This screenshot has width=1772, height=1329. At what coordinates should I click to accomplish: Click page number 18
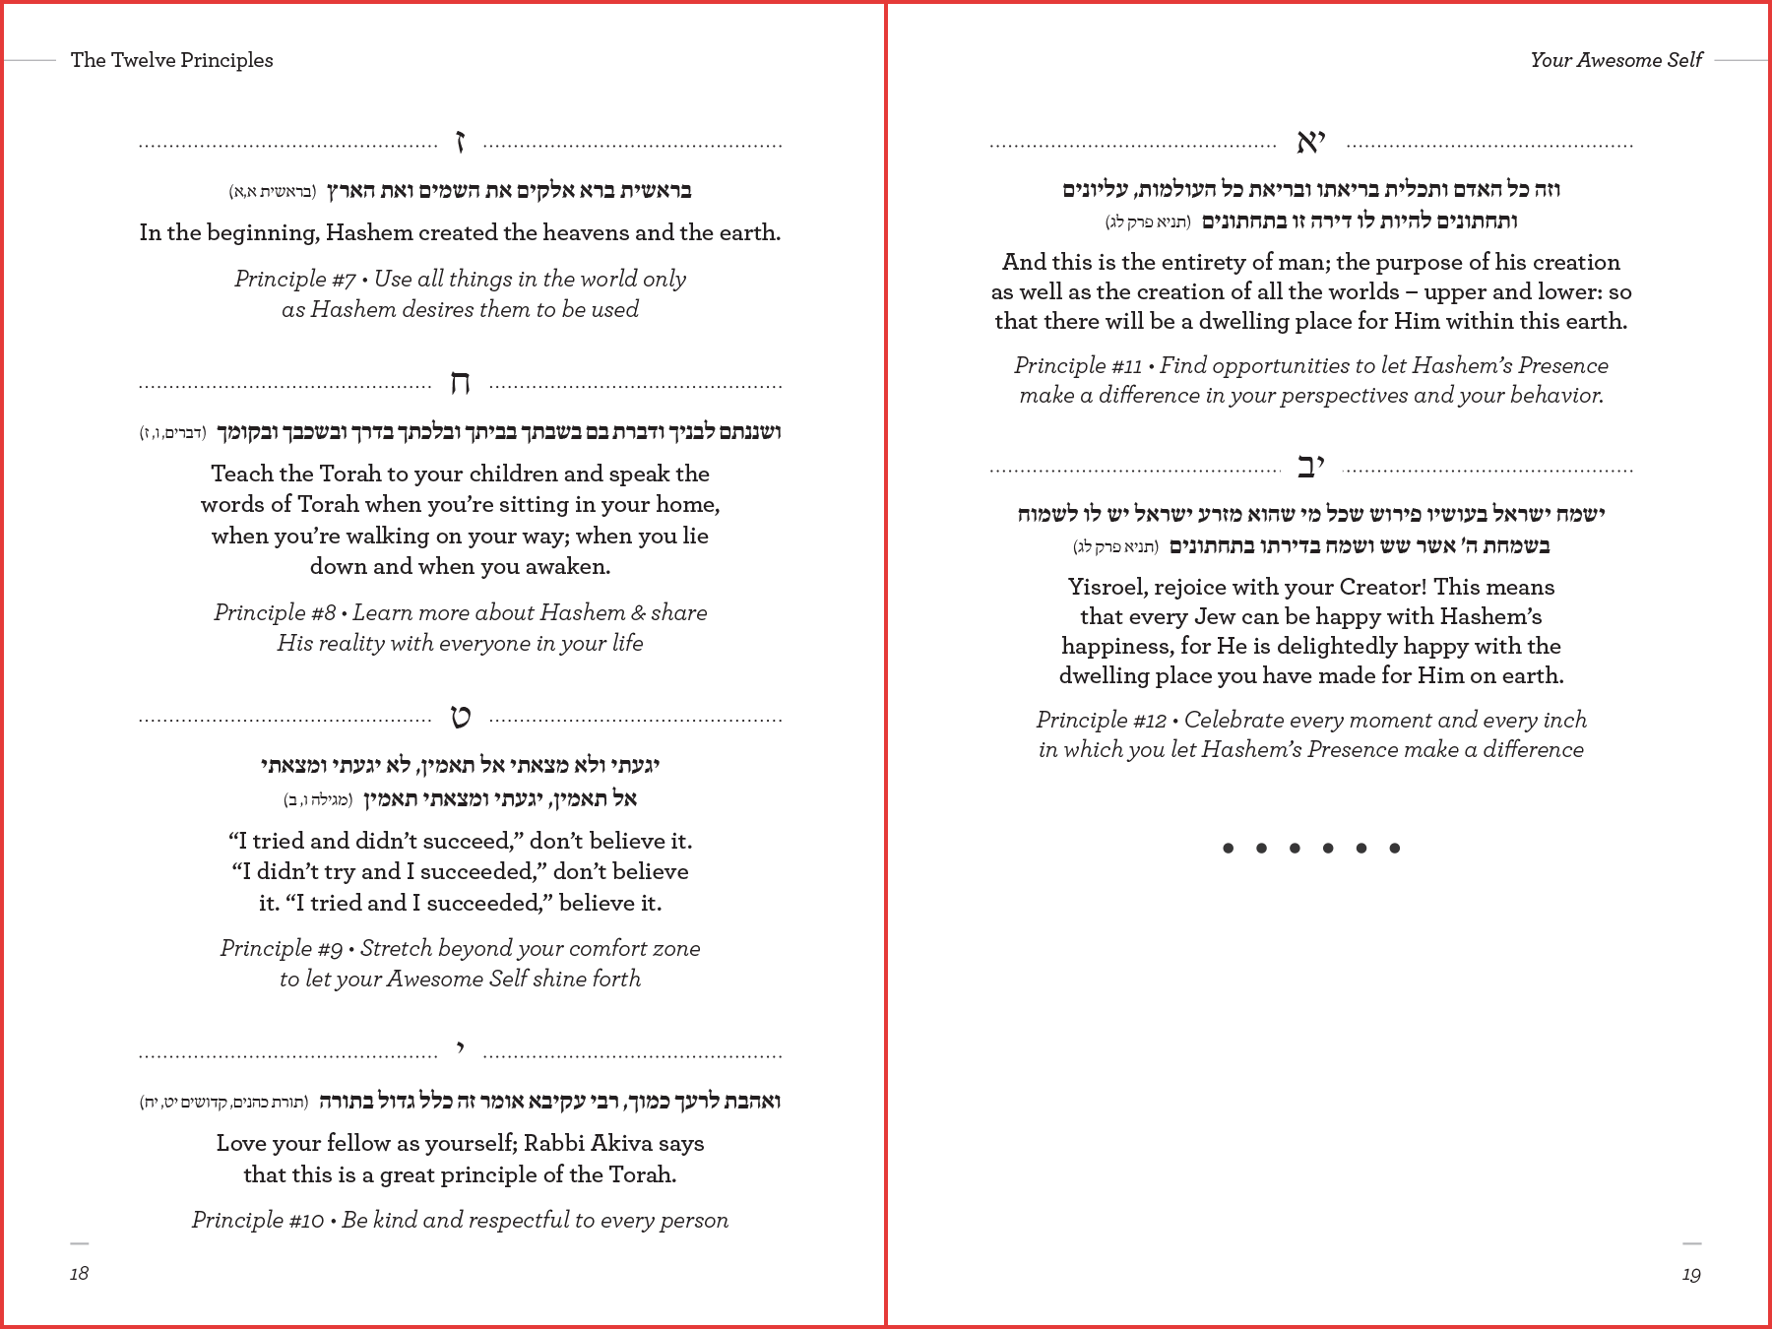80,1274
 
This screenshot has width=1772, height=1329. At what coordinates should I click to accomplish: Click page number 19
1691,1275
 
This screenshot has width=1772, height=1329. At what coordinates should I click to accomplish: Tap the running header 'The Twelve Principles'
172,60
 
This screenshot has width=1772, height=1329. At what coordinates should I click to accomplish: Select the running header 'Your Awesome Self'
1615,60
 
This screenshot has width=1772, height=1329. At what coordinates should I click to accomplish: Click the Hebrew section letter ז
460,143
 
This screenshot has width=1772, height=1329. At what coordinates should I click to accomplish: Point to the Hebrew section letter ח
460,383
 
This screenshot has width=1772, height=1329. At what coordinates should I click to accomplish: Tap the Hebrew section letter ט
460,717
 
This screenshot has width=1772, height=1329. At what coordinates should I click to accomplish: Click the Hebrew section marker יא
1310,143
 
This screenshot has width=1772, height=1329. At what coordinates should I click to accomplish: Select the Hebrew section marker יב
1310,467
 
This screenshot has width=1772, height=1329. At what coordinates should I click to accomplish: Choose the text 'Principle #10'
258,1221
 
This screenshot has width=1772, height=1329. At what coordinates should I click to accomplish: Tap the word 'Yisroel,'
1107,588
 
